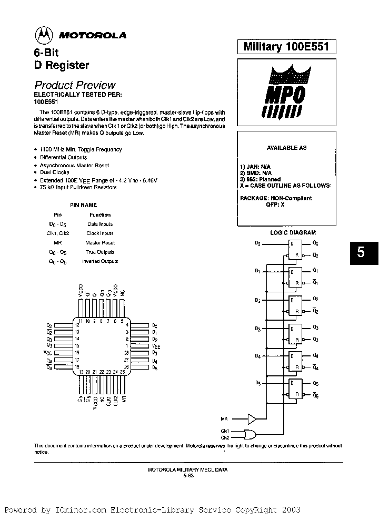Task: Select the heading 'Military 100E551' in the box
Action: [x=286, y=47]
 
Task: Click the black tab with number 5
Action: [x=361, y=252]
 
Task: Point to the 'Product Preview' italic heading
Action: [x=75, y=85]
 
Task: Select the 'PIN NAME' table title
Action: [x=84, y=205]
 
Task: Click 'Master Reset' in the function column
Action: [x=100, y=243]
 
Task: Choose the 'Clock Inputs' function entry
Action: [x=100, y=233]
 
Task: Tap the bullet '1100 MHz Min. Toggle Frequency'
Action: [x=81, y=149]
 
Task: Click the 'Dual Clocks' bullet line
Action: [x=55, y=172]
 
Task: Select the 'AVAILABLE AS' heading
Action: [x=286, y=148]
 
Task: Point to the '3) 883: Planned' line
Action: [x=260, y=179]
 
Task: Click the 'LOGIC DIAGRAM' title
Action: [x=293, y=232]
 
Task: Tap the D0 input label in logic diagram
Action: [x=257, y=243]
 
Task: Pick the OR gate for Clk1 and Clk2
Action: [x=251, y=434]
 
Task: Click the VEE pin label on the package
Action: [x=156, y=346]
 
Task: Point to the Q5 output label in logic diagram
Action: [x=316, y=383]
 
